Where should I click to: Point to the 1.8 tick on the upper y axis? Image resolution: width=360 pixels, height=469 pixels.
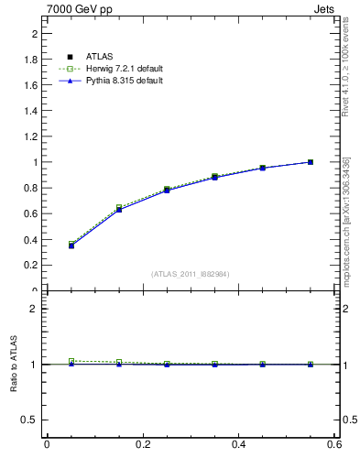tap(31, 60)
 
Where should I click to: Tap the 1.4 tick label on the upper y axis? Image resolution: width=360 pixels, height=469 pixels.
tap(31, 111)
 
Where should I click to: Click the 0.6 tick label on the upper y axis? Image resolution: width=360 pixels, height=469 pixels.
tap(31, 213)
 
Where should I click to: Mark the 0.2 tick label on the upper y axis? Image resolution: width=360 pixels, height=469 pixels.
tap(31, 265)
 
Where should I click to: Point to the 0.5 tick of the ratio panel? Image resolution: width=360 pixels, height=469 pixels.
tap(31, 420)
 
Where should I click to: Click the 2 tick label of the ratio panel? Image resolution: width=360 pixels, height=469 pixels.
tap(34, 309)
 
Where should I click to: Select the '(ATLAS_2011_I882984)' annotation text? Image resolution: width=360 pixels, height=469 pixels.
tap(191, 274)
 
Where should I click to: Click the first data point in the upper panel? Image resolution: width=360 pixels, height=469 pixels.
tap(71, 245)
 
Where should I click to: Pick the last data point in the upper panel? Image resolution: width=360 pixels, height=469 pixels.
tap(311, 162)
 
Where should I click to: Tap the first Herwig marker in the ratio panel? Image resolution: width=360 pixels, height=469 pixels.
tap(71, 361)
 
